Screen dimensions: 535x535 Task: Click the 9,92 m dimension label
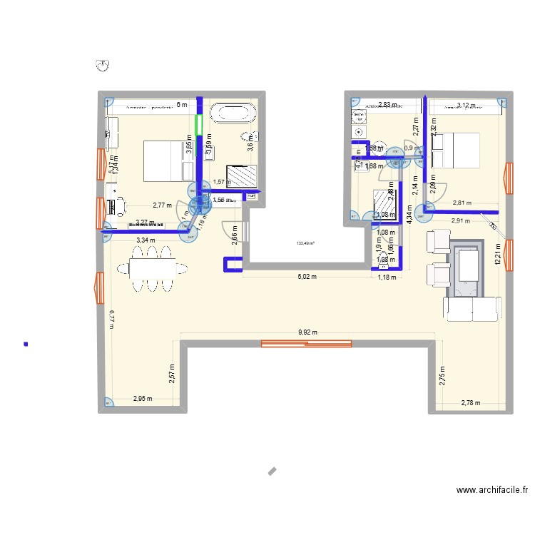(x=307, y=332)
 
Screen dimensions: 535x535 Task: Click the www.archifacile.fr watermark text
(x=492, y=490)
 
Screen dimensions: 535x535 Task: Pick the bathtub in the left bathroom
(x=235, y=112)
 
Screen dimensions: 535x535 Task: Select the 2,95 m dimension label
(x=143, y=399)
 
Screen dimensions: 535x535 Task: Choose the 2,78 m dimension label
(x=471, y=403)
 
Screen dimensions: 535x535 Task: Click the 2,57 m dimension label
(x=172, y=374)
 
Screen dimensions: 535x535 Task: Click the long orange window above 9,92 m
(x=307, y=344)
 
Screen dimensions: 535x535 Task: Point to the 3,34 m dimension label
(x=146, y=240)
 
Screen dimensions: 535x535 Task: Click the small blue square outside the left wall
(x=26, y=345)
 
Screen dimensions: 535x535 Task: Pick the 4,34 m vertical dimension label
(x=409, y=215)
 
